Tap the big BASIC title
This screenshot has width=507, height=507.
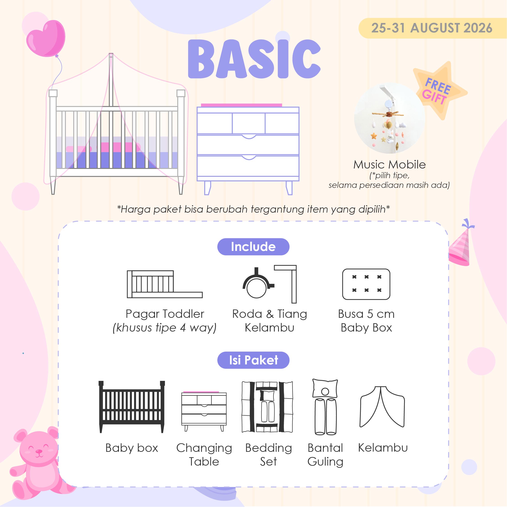pos(254,59)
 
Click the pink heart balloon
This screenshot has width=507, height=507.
pos(46,38)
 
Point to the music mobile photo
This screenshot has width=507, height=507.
pos(389,118)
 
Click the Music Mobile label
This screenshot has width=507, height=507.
pos(389,165)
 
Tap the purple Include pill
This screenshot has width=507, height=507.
pos(253,247)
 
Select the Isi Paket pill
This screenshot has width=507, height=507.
pos(253,360)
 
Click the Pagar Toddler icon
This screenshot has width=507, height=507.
pos(165,284)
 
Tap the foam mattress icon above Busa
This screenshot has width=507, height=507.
pos(366,284)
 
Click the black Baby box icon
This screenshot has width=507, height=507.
pos(132,407)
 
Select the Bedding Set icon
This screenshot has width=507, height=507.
pos(267,407)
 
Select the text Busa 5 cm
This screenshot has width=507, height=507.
pos(366,314)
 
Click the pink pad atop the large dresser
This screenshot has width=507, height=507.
pos(241,105)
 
